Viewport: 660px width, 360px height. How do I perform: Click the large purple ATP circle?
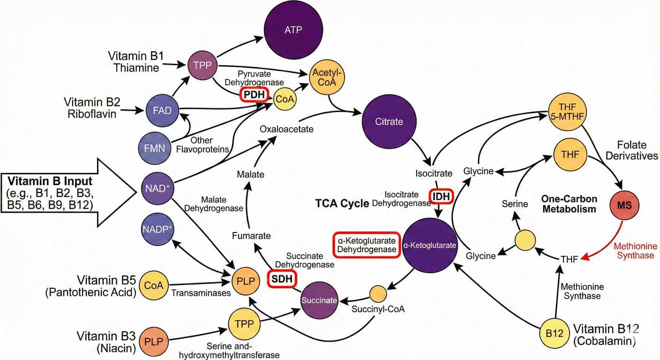(x=293, y=30)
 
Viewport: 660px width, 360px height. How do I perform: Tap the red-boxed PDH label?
(x=254, y=95)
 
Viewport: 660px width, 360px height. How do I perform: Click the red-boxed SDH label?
(x=283, y=279)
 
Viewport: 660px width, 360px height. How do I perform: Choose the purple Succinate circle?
(x=319, y=300)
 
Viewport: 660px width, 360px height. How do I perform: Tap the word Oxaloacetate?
(x=287, y=128)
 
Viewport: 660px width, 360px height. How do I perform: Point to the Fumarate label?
(x=251, y=235)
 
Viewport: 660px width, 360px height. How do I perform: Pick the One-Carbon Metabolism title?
(x=569, y=203)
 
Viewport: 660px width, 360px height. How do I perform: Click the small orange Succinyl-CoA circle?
(x=377, y=294)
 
